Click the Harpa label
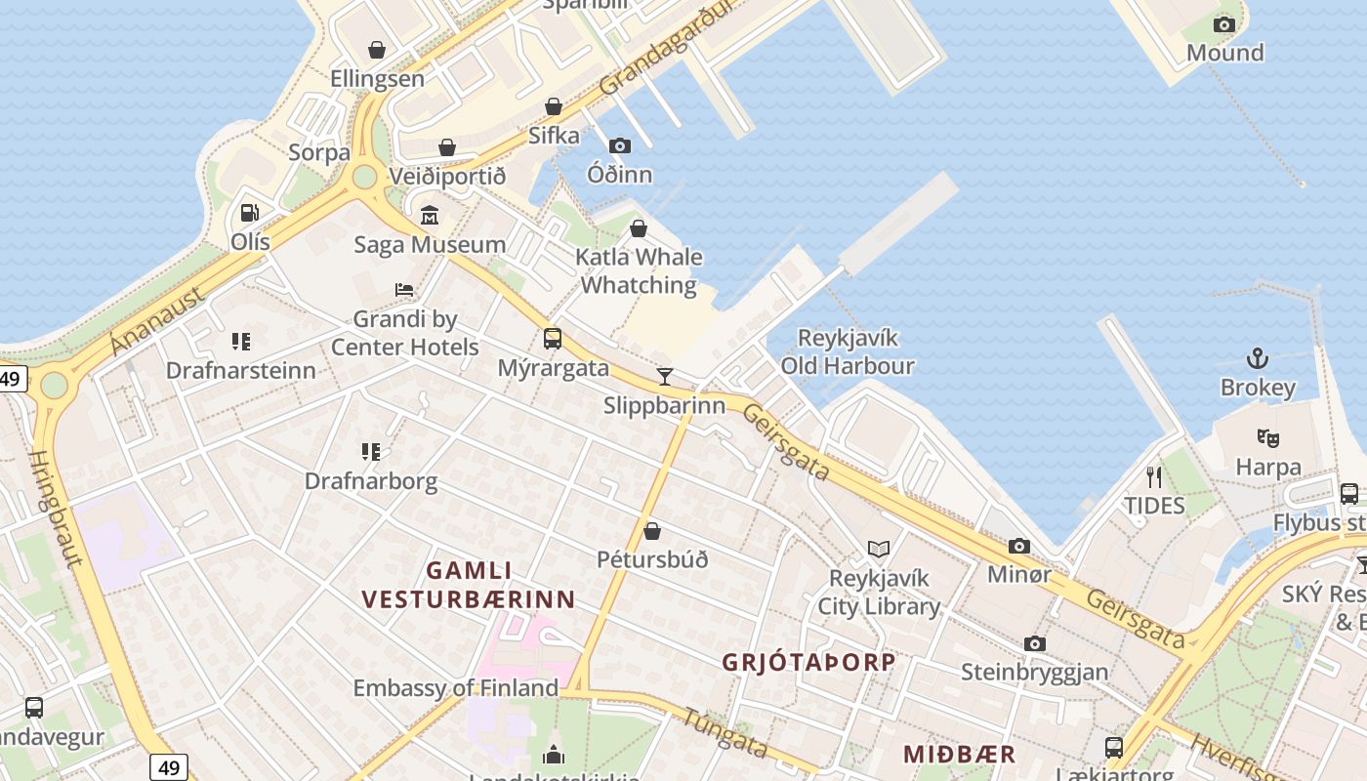coord(1268,468)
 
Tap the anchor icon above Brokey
coord(1258,359)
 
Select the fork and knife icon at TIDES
coord(1154,476)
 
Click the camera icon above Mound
coord(1224,24)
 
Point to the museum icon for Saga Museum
coord(430,216)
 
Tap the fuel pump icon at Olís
coord(250,212)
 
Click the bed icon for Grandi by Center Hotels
coord(404,290)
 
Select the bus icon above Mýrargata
coord(553,339)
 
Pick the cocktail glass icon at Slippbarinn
coord(665,376)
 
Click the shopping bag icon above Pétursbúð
coord(652,531)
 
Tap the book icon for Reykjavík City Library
coord(879,550)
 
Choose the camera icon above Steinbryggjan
coord(1035,643)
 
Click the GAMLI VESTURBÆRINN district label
coord(469,584)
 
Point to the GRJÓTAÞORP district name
coord(808,662)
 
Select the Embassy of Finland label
coord(455,688)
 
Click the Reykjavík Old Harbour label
coord(848,351)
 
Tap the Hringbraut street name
coord(56,508)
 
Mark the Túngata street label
coord(725,733)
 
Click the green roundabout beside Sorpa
coord(364,177)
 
